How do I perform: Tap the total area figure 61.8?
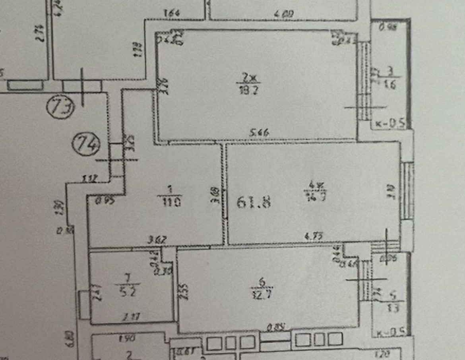254,203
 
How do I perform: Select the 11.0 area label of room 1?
172,202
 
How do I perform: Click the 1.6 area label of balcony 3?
391,84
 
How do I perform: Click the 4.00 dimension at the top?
284,14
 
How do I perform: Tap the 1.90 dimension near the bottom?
128,339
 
